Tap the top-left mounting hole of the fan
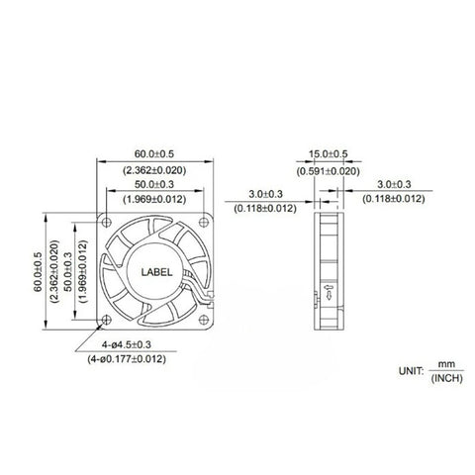[108, 222]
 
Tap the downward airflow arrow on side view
[328, 293]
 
